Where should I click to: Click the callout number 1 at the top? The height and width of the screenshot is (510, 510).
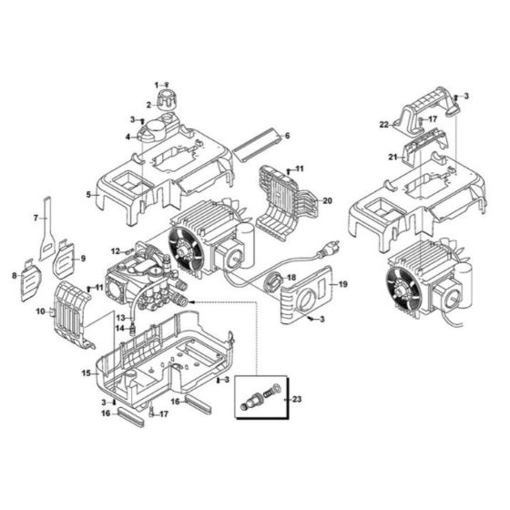156,84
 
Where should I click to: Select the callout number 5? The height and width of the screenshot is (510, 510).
88,194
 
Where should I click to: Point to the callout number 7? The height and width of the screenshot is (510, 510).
36,218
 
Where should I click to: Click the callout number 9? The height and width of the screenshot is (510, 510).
82,259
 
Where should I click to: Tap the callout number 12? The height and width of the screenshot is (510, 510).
115,250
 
